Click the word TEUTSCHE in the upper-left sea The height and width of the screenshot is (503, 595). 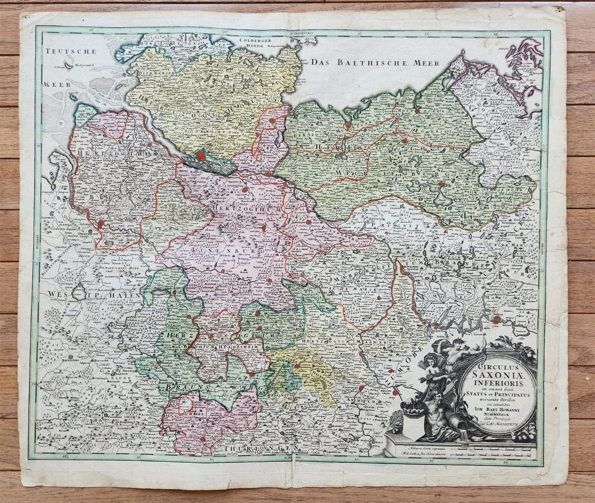click(70, 51)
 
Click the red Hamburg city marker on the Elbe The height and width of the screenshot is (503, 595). click(201, 156)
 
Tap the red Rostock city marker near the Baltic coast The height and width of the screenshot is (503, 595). click(349, 128)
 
